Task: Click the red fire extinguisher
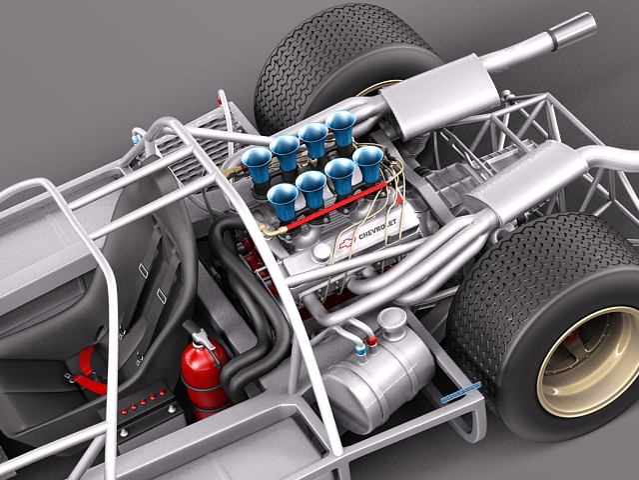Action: [204, 367]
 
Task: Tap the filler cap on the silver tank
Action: [391, 320]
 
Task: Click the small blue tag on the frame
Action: [460, 391]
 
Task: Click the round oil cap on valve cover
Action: [319, 253]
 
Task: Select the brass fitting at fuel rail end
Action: [268, 229]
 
